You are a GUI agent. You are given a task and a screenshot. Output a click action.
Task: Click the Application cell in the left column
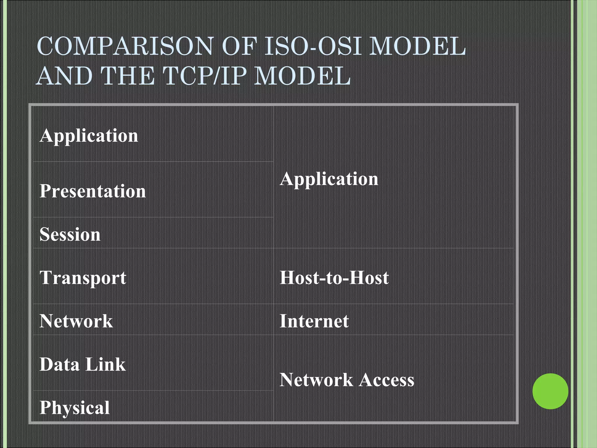tap(89, 136)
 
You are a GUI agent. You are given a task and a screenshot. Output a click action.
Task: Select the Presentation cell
tap(93, 191)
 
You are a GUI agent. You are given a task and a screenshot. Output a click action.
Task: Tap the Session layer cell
tap(70, 234)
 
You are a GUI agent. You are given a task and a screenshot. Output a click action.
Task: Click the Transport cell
tap(83, 277)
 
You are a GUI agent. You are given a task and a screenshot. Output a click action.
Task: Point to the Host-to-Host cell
tap(334, 277)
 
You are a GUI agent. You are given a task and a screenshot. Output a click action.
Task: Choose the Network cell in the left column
tap(76, 321)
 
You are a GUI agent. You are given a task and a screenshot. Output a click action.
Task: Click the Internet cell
tap(314, 321)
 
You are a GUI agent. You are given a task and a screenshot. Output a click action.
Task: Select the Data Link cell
tap(82, 364)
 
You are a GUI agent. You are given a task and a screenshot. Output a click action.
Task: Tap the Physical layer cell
tap(75, 407)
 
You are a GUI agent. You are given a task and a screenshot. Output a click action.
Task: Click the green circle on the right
tap(550, 391)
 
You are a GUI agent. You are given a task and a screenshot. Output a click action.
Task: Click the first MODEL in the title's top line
tap(417, 46)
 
